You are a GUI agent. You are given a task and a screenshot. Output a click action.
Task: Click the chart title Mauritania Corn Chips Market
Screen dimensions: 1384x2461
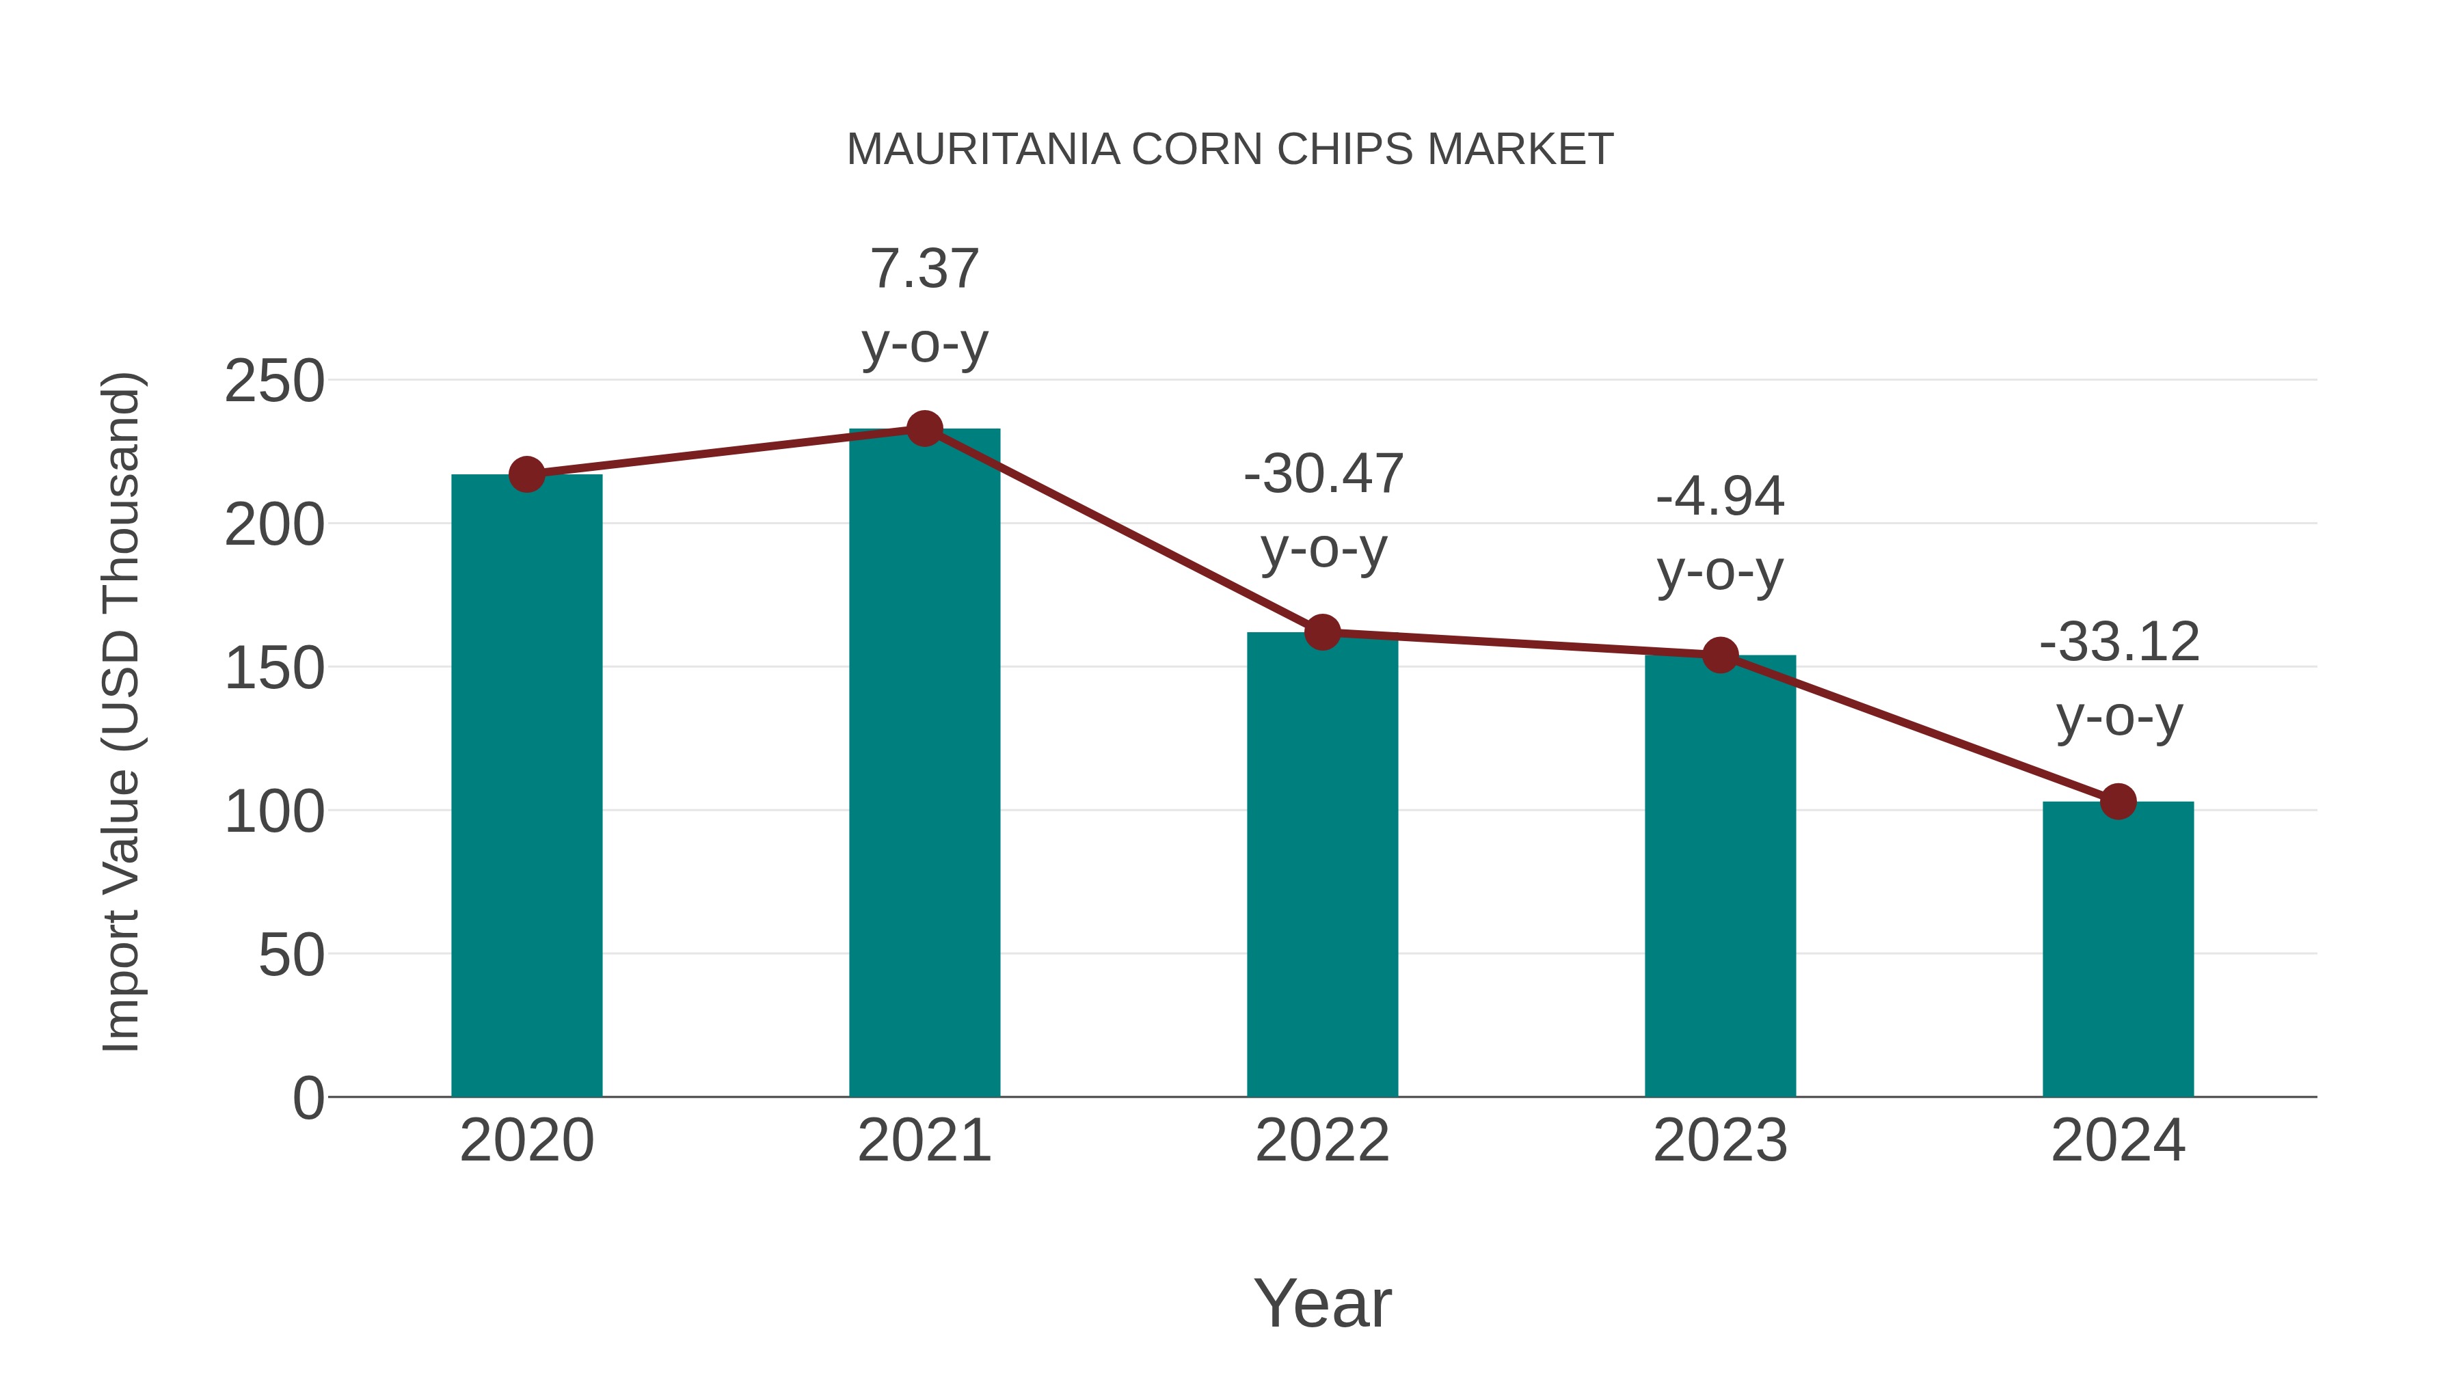tap(1230, 150)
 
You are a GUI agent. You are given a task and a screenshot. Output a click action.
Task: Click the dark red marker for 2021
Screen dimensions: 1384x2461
tap(924, 429)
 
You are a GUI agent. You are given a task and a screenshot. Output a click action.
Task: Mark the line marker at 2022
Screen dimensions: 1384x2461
tap(1322, 632)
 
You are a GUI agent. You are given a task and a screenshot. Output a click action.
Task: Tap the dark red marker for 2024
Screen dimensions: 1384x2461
tap(2118, 802)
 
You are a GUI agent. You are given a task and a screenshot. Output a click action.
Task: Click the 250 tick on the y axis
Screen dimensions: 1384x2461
tap(274, 382)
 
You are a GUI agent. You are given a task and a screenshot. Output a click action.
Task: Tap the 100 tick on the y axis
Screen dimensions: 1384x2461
tap(274, 812)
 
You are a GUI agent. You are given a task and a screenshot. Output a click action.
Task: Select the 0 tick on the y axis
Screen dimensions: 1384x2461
tap(308, 1098)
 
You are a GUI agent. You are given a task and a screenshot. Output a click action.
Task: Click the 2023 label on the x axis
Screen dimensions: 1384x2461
tap(1720, 1141)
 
